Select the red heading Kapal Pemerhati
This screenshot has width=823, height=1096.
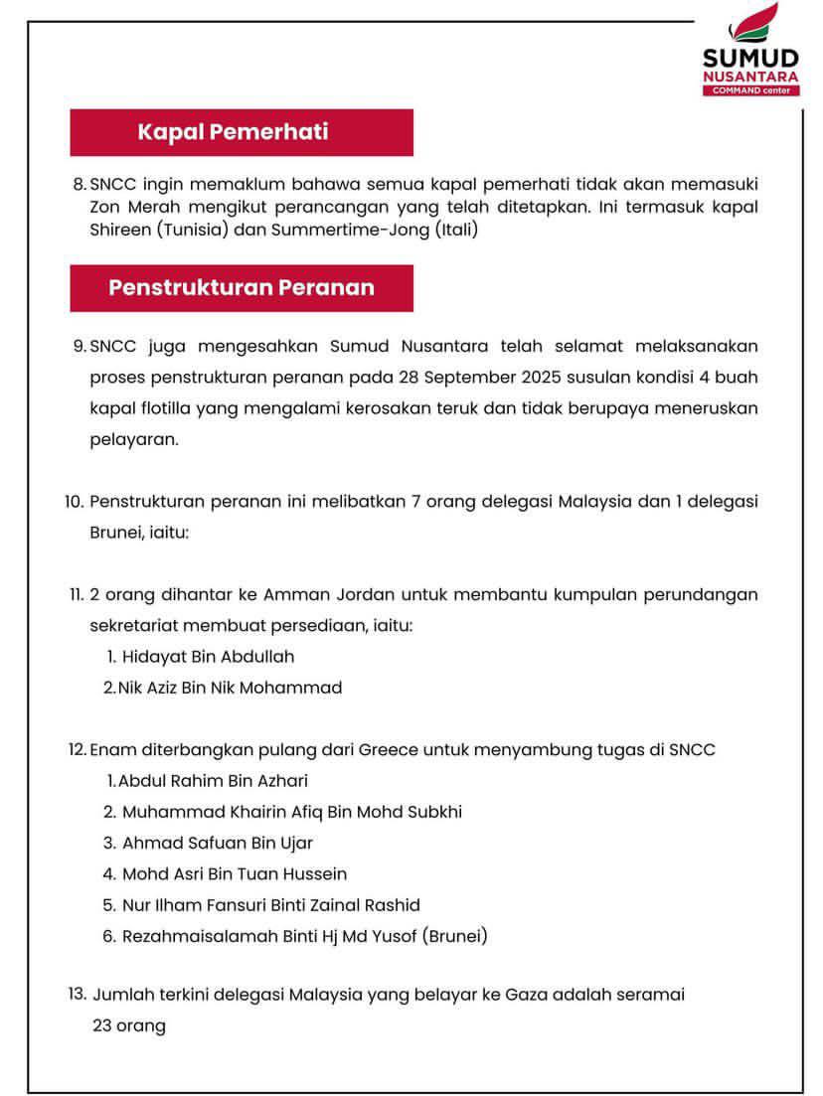pos(233,132)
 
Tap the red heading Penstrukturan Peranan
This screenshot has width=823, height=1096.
pos(242,288)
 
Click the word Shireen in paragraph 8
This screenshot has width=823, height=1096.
pos(117,232)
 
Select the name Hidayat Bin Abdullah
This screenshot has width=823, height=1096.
pos(208,657)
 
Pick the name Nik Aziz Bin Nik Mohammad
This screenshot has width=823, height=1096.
pos(230,688)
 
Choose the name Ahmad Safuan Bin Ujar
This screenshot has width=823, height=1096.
pos(218,843)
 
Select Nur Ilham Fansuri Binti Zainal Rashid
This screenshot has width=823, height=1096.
pos(270,905)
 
